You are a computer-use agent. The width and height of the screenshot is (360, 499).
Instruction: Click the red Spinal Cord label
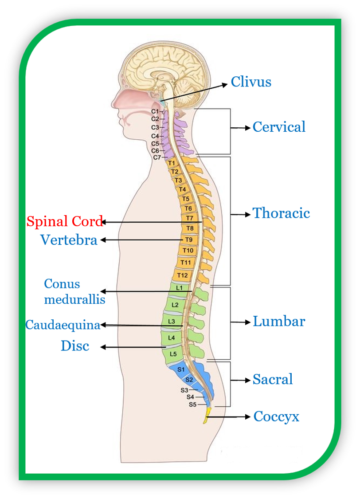pos(64,221)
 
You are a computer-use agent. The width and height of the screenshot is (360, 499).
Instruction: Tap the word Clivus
pos(251,82)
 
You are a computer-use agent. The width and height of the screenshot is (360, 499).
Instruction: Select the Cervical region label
pos(279,127)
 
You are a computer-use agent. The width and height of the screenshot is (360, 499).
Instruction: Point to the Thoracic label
pos(281,213)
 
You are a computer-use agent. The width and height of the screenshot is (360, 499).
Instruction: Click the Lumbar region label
pos(279,322)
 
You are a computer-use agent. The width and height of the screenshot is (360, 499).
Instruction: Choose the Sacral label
pos(273,379)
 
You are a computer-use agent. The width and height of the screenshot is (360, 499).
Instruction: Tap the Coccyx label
pos(276,416)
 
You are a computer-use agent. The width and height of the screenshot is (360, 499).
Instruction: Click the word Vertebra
pos(69,240)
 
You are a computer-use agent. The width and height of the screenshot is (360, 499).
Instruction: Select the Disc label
pos(75,346)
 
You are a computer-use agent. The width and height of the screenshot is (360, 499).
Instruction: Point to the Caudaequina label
pos(63,325)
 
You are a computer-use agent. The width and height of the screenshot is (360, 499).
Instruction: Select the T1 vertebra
pos(172,163)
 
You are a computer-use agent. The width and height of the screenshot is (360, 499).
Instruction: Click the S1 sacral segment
pos(180,369)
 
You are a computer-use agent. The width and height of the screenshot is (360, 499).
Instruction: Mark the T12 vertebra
pos(182,275)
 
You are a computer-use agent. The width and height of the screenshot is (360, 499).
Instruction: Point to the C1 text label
pos(155,111)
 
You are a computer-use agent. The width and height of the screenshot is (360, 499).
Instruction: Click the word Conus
pos(62,284)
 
